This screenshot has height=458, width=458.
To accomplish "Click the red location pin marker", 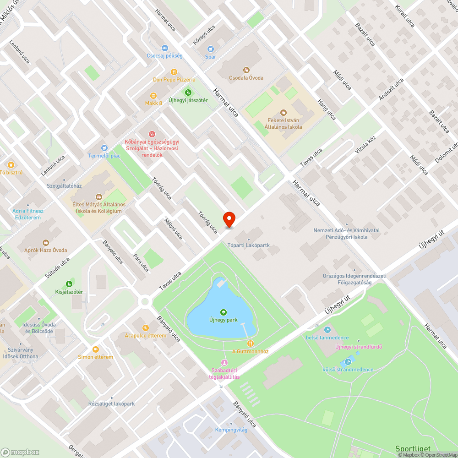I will coord(229,219).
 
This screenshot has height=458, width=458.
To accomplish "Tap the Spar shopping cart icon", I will coord(211,49).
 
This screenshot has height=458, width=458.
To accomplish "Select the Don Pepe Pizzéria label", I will coord(174,80).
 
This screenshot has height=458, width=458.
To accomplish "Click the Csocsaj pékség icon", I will coord(164,48).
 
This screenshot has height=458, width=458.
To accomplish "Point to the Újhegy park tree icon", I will coord(224,312).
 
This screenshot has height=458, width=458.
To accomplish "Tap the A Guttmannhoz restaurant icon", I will coord(250,343).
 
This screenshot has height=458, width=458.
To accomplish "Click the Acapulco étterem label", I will coord(146,336).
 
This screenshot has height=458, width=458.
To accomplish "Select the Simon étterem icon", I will coord(95,349).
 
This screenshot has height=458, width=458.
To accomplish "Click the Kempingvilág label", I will coord(231,430).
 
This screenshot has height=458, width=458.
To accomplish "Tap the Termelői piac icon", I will coord(104,148).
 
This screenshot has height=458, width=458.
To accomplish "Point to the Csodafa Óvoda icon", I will coord(246,70).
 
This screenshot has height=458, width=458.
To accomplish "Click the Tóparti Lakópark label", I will coord(249,245).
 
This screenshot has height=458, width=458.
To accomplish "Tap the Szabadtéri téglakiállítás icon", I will coord(224,363).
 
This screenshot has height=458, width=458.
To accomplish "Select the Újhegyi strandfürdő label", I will coord(359,347).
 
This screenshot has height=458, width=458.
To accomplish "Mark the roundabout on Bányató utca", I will coord(146,301).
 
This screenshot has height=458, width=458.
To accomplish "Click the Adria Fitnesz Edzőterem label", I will coord(28,214).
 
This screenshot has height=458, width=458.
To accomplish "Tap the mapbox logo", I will coord(20,452).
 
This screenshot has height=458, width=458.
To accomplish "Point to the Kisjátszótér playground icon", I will coord(69,284).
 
